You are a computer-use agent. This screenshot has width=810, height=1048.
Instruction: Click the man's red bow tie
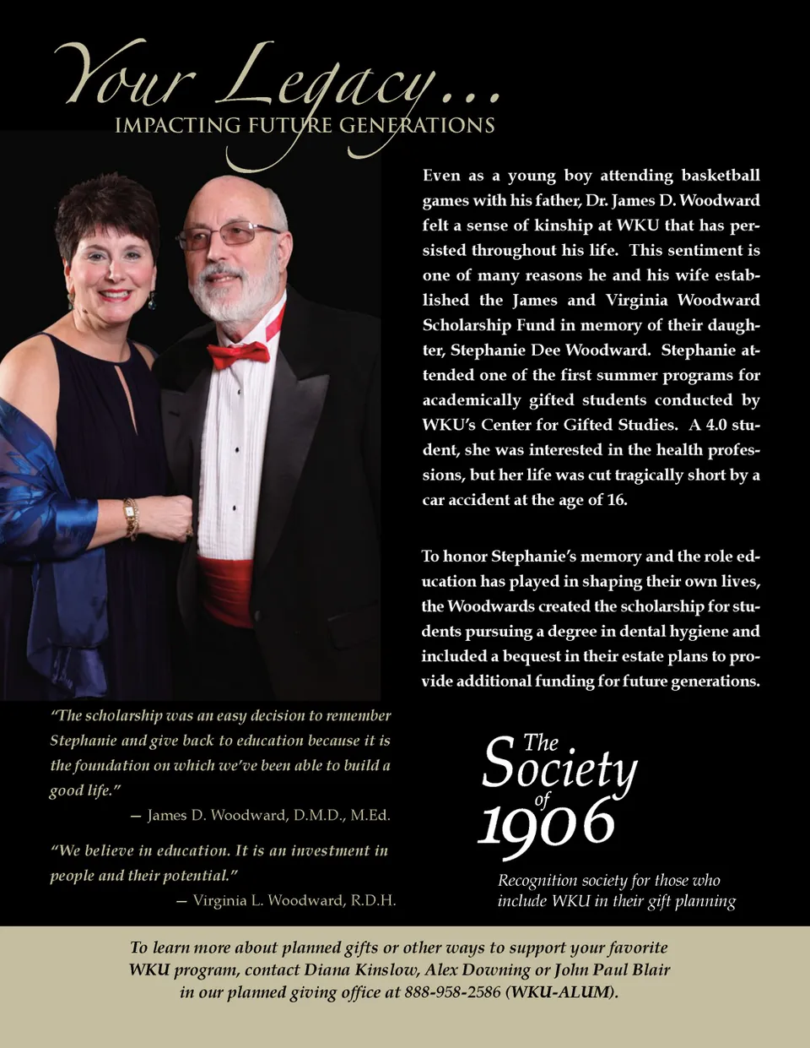239,354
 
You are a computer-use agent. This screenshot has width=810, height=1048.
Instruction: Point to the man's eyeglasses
229,234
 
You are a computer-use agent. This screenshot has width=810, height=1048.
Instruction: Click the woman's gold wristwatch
131,518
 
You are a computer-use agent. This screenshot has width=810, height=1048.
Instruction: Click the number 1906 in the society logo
546,823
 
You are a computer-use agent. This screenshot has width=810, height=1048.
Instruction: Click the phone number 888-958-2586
452,992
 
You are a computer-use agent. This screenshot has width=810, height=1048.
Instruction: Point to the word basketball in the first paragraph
721,176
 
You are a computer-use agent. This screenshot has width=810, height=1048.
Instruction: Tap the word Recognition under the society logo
537,881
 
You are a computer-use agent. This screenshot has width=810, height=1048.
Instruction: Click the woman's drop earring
152,301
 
